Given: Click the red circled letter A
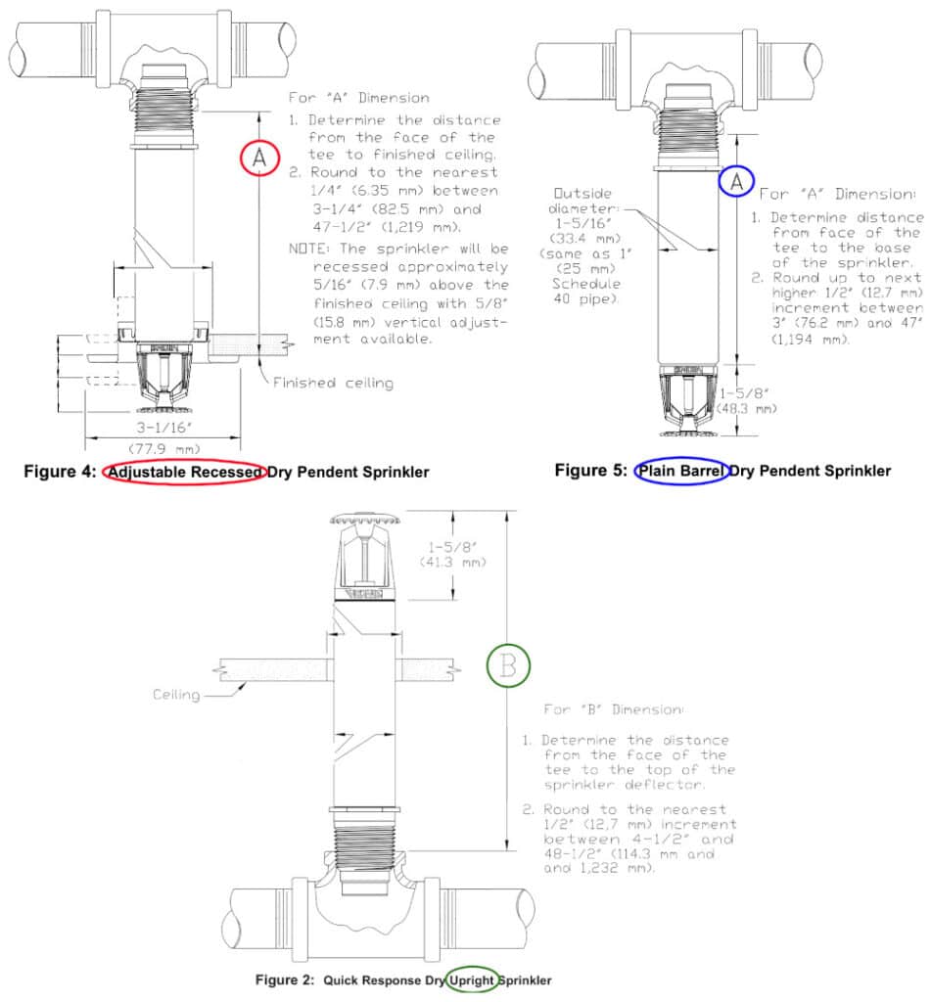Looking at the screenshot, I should (x=257, y=157).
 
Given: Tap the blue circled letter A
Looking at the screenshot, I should (x=737, y=181).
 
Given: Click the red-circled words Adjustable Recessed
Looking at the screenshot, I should (x=185, y=472).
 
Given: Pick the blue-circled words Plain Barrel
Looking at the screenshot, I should (x=681, y=471).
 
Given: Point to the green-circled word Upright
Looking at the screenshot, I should (x=471, y=979).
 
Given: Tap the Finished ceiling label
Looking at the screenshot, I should (x=333, y=383).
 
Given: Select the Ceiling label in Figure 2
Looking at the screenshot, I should (x=176, y=695).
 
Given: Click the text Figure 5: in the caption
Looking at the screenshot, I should (x=590, y=471).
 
